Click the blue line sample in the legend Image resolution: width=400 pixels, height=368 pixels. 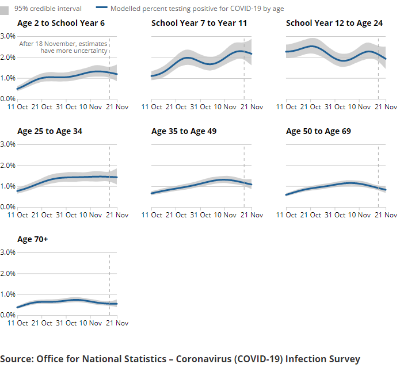pos(101,9)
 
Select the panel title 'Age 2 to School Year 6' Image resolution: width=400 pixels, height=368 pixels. pos(61,23)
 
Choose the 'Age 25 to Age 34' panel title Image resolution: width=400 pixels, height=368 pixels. pos(49,131)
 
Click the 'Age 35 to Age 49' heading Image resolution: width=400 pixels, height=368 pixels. pos(184,131)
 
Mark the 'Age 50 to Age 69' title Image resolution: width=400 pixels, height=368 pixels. pos(318,131)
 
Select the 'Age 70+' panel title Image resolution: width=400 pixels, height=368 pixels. pos(32,239)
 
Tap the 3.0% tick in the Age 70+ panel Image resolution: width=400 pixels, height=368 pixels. pos(8,252)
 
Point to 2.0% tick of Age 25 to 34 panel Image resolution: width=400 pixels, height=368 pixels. pos(8,165)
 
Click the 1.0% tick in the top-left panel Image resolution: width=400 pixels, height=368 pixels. pos(8,78)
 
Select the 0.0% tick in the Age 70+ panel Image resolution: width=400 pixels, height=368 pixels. pos(8,315)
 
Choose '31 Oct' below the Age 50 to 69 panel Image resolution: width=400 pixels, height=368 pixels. pos(339,215)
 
